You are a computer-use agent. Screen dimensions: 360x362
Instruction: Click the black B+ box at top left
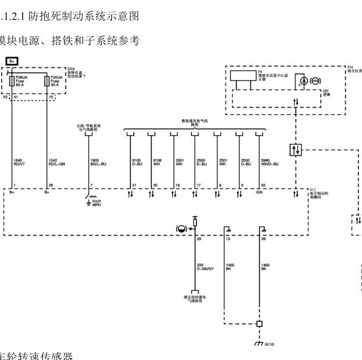click(x=13, y=61)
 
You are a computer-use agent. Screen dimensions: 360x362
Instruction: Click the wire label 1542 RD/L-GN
click(x=57, y=162)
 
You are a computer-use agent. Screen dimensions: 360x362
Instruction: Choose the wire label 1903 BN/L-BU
click(x=98, y=162)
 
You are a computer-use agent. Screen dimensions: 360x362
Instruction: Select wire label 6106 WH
click(x=157, y=162)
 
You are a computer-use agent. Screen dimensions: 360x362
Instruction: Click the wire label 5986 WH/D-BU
click(x=270, y=162)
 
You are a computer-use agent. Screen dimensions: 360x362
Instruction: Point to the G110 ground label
click(x=270, y=345)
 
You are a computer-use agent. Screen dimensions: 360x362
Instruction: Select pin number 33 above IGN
click(x=263, y=186)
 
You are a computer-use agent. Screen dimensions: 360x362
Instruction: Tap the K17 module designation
click(x=313, y=190)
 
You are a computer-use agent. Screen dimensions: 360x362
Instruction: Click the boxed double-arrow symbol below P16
click(x=295, y=150)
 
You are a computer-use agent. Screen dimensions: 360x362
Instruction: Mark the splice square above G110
click(x=259, y=324)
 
